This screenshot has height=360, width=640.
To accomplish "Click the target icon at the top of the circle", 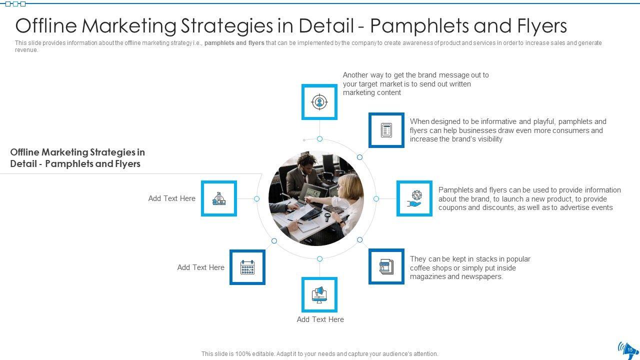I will click(319, 102).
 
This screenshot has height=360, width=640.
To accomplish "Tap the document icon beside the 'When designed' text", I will click(386, 130).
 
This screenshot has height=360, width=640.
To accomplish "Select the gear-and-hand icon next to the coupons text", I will click(414, 198).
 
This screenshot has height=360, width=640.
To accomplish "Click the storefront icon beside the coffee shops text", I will click(386, 266).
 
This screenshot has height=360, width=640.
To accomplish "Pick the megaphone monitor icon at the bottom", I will click(319, 295).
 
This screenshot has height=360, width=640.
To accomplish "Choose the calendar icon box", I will click(247, 267).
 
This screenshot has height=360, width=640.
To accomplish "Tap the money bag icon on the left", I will click(219, 198).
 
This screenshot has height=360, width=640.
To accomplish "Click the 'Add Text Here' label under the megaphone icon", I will click(320, 319).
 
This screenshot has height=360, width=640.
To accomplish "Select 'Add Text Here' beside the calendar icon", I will click(200, 267).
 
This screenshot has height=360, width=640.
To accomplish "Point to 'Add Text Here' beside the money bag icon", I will click(171, 198).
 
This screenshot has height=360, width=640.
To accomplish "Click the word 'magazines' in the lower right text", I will click(427, 276).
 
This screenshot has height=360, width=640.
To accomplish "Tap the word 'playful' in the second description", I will click(541, 121).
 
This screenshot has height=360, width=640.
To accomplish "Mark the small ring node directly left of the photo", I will click(256, 198).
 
